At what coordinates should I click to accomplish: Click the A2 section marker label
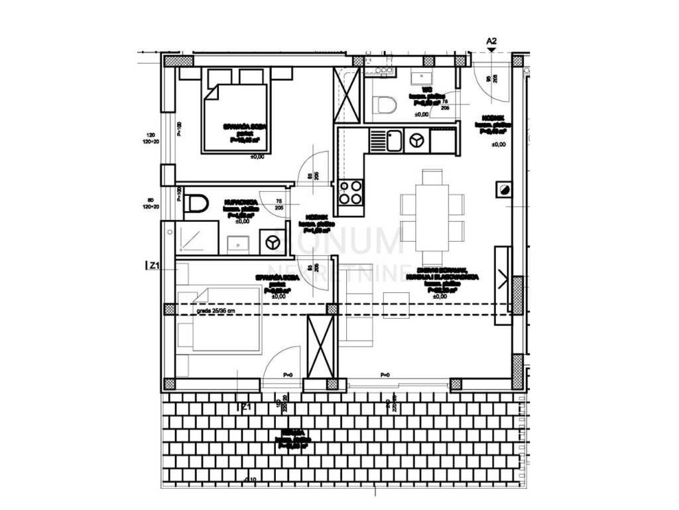pos(491,41)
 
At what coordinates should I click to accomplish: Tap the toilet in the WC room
pos(385,105)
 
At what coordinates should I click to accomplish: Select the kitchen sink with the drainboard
pos(387,141)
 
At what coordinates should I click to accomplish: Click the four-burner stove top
pos(350,192)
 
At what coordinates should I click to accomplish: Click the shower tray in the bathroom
pos(197,238)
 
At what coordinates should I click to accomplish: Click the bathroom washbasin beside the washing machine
pos(238,242)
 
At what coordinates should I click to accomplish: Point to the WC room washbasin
pos(421,78)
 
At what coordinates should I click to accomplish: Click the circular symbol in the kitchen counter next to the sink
pos(416,140)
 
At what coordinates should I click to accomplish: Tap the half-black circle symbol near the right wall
pos(503,190)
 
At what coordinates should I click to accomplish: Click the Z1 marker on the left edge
pos(153,267)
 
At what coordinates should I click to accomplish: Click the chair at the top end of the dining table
pos(432,177)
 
